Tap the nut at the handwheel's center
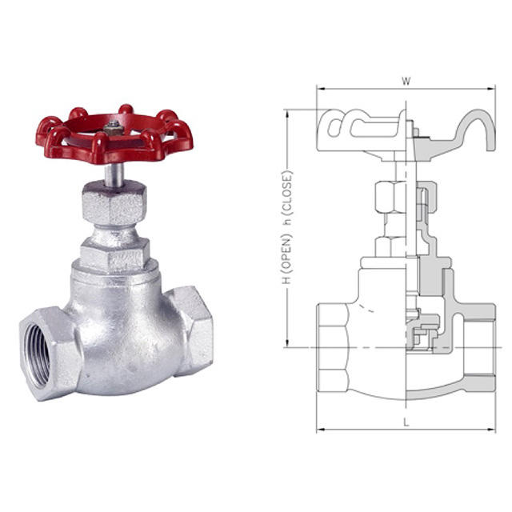[114, 128]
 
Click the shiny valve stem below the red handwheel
[114, 174]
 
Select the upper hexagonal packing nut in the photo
[114, 202]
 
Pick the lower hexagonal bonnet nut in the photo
[115, 254]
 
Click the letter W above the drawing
[406, 81]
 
